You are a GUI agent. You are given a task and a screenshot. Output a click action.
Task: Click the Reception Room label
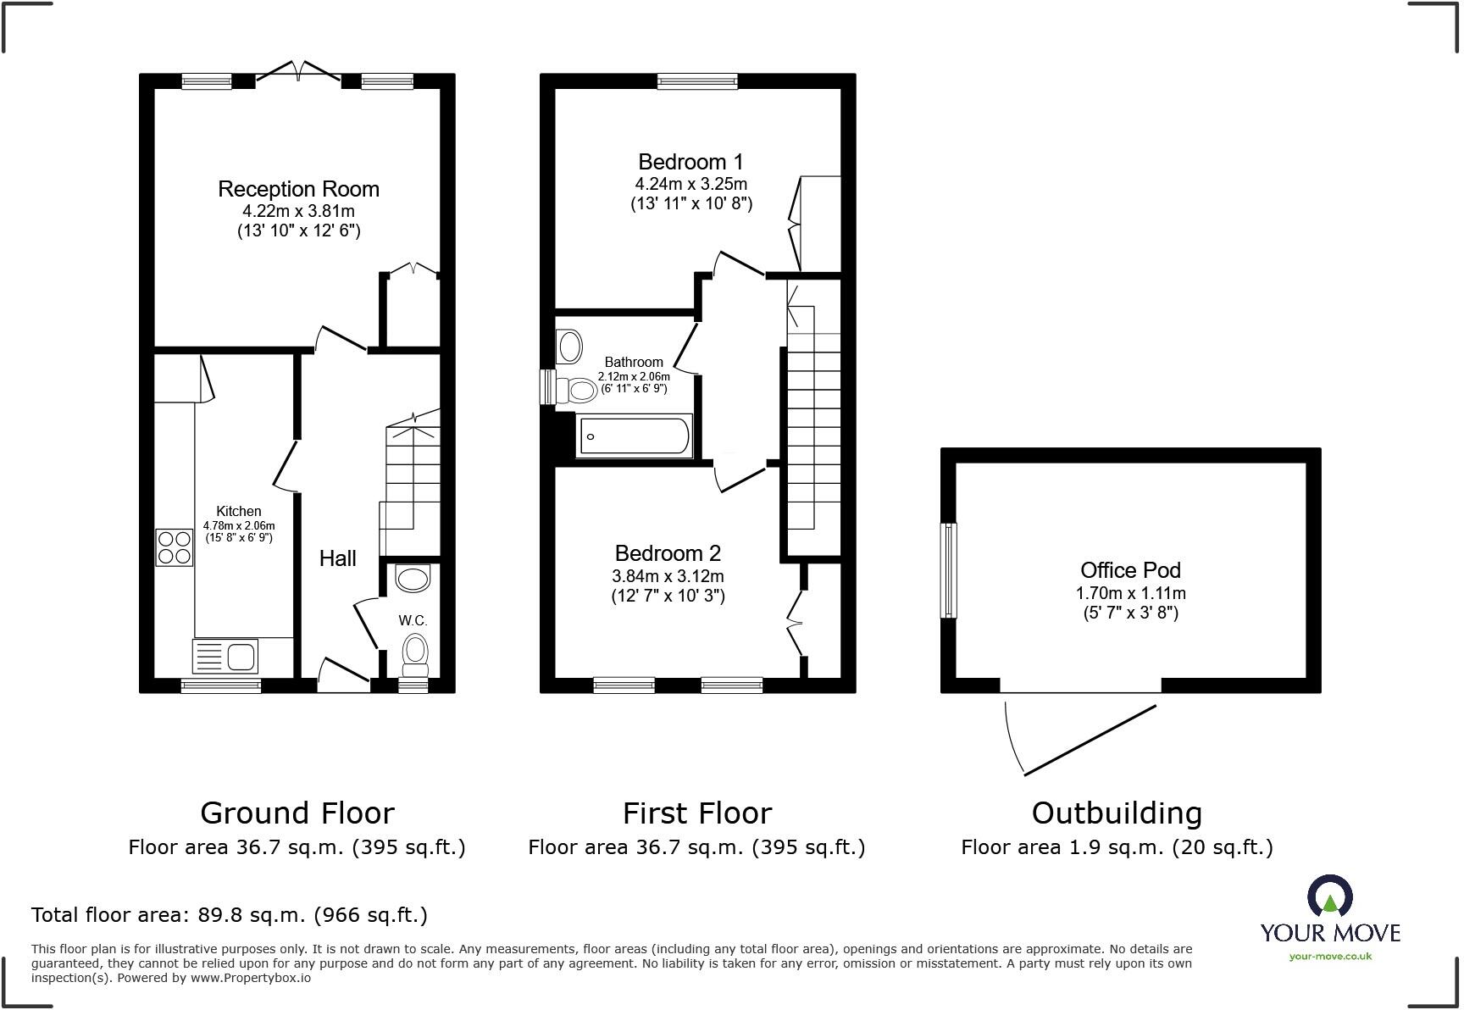[298, 189]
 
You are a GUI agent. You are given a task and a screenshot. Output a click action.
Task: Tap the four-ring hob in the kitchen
[175, 547]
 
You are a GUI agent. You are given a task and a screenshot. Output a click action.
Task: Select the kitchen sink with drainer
[226, 656]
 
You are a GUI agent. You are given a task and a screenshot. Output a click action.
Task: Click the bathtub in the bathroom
[634, 436]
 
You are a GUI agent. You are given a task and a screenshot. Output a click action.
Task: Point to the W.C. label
[413, 620]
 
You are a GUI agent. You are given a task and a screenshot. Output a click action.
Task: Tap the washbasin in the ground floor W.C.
[413, 579]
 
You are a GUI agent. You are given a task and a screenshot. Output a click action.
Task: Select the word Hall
[337, 558]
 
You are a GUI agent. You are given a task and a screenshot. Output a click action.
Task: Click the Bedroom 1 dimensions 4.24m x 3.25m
[690, 184]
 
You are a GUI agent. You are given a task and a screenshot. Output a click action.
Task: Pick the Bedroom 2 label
[668, 553]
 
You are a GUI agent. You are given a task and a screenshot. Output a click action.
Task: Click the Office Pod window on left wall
[950, 570]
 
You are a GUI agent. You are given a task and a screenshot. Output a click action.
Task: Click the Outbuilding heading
[1116, 813]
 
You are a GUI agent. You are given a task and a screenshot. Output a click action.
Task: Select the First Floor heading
[696, 813]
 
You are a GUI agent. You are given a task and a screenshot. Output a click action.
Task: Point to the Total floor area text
[229, 915]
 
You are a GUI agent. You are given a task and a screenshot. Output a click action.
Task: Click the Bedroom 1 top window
[697, 81]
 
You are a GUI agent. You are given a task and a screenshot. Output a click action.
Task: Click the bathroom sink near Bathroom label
[570, 347]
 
